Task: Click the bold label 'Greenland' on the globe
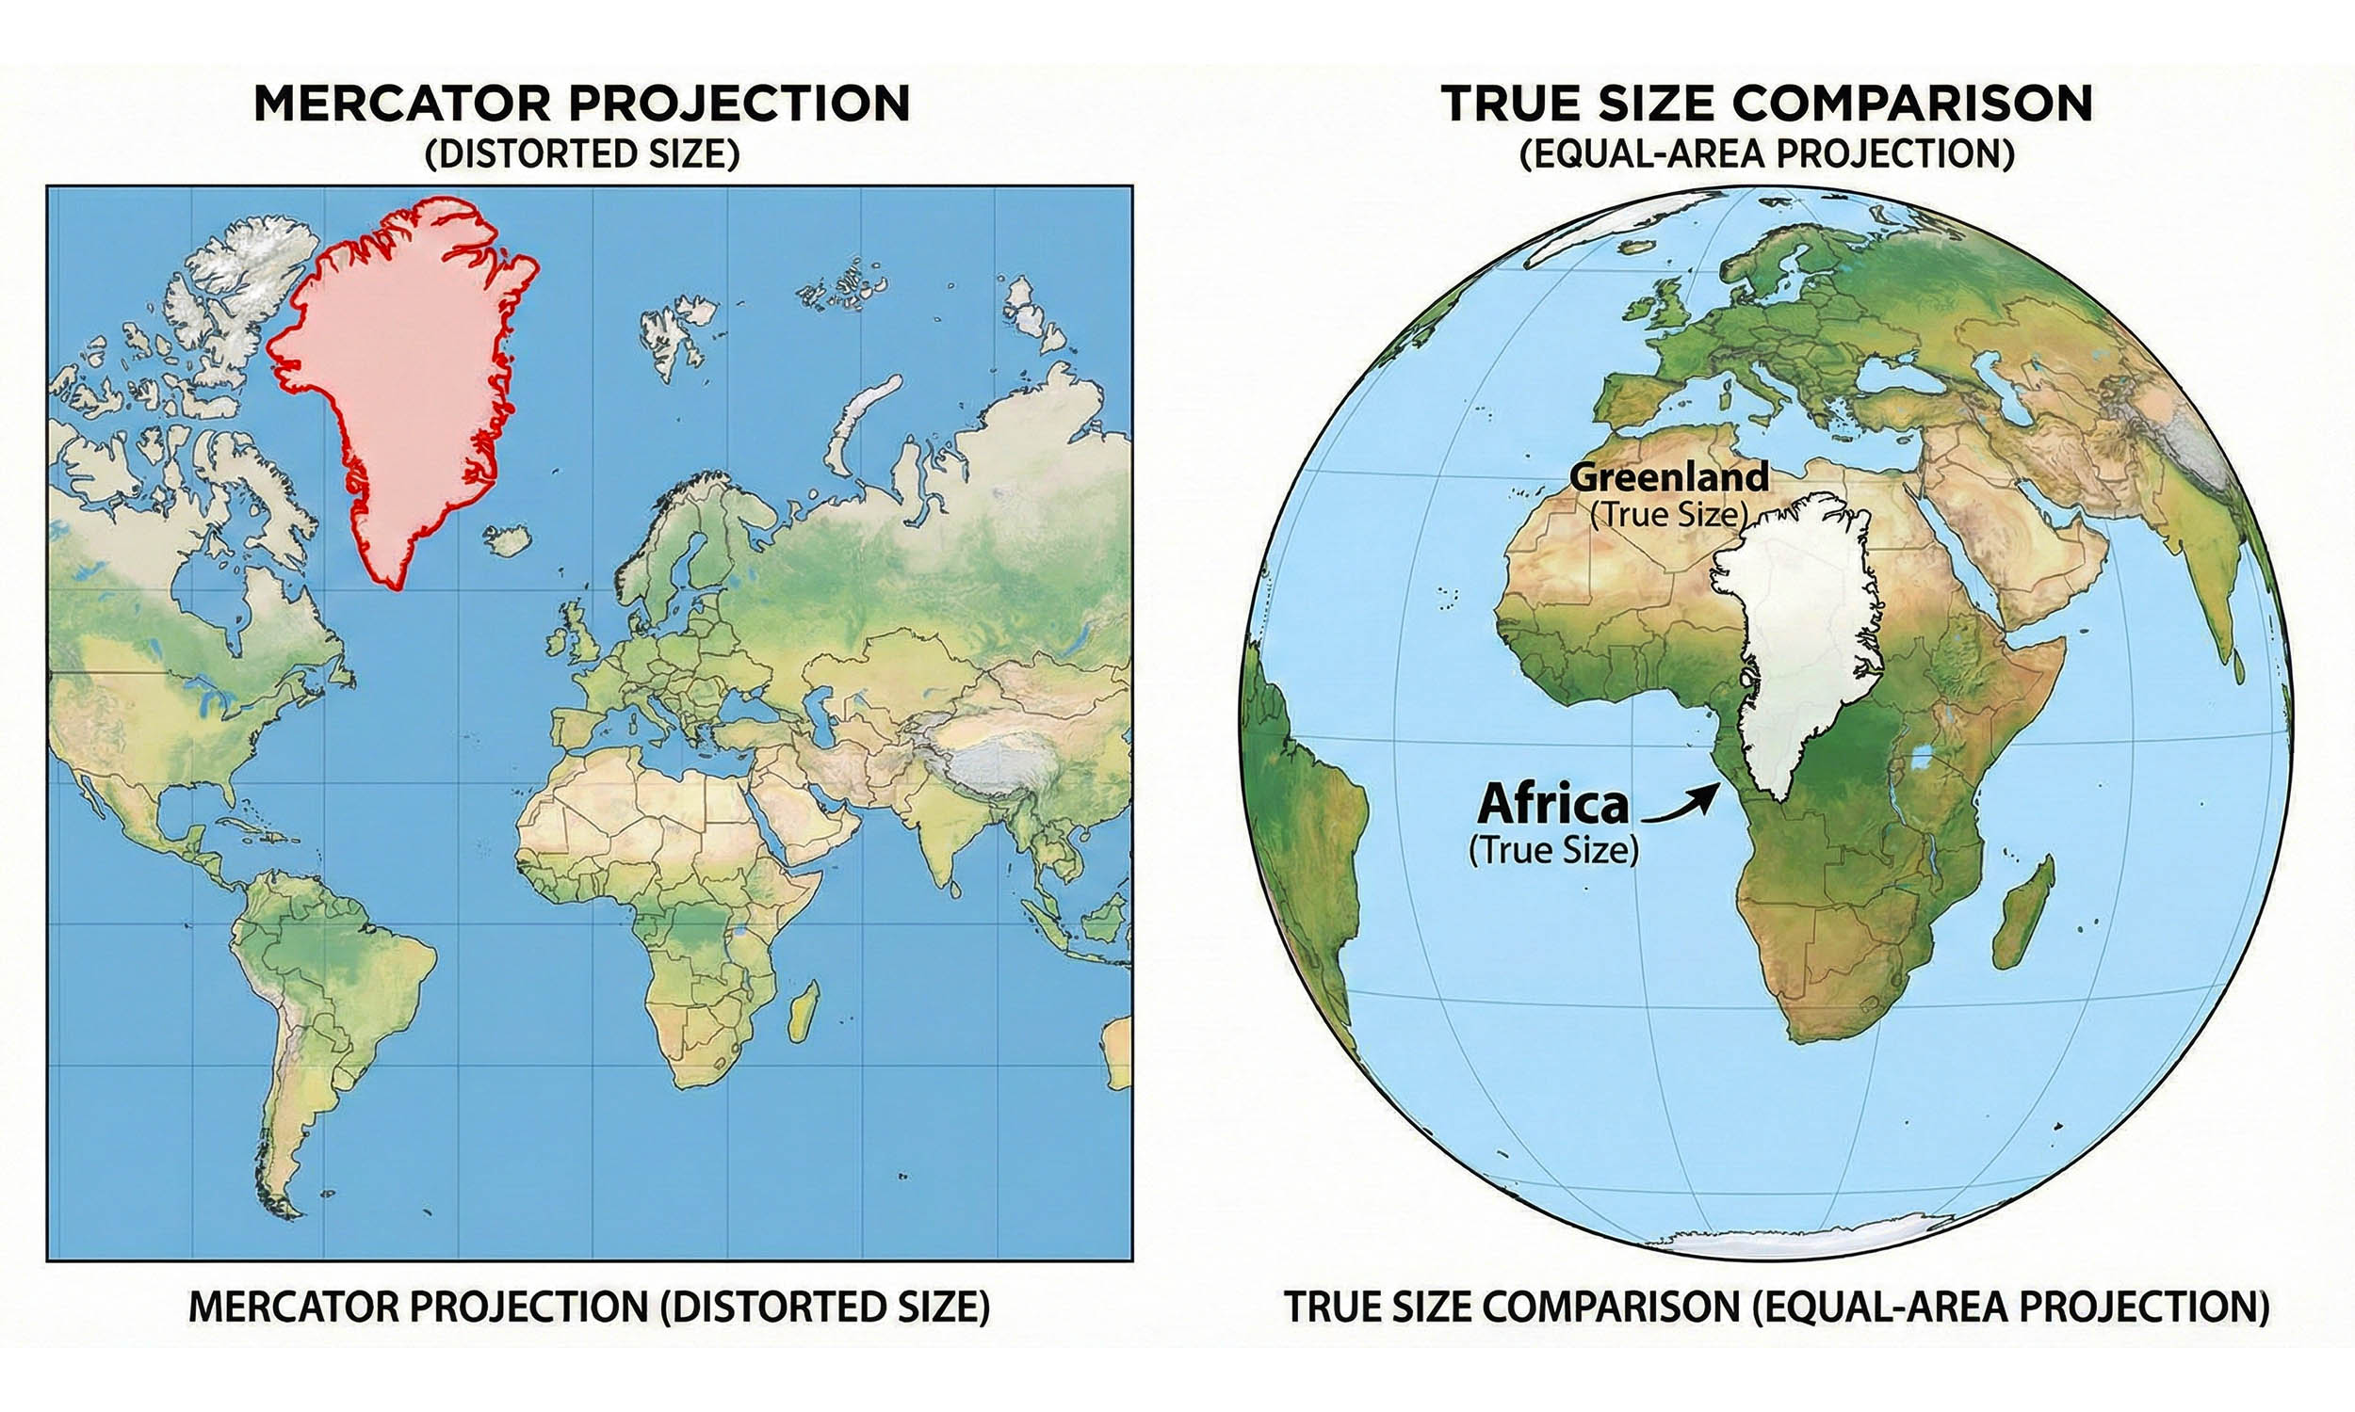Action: tap(1667, 476)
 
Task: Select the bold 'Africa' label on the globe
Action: tap(1552, 805)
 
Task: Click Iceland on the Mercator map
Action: tap(509, 541)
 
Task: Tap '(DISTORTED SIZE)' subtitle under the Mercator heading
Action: tap(581, 154)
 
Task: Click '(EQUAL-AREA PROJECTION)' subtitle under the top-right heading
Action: tap(1765, 154)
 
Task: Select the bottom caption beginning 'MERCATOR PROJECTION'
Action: tap(590, 1308)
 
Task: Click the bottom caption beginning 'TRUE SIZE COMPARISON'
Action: tap(1777, 1308)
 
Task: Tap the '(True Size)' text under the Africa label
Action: tap(1553, 850)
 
